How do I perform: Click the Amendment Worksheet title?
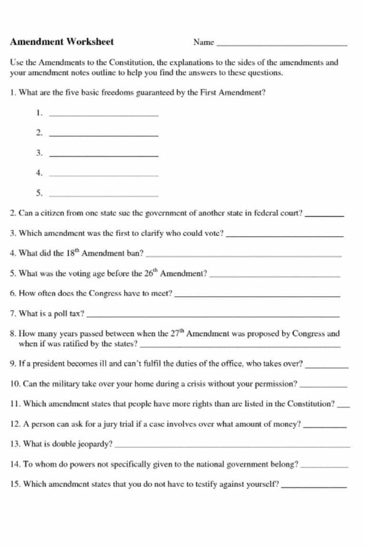point(62,42)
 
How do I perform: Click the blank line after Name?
point(281,45)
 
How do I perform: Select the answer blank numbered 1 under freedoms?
point(104,115)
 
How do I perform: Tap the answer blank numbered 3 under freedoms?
point(104,156)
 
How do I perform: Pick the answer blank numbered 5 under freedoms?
point(104,195)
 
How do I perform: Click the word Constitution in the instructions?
point(131,62)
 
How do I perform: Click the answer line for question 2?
point(324,215)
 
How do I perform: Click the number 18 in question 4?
point(70,253)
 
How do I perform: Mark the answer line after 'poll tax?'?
point(214,316)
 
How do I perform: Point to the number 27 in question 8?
point(174,334)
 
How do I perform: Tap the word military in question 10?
point(65,383)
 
